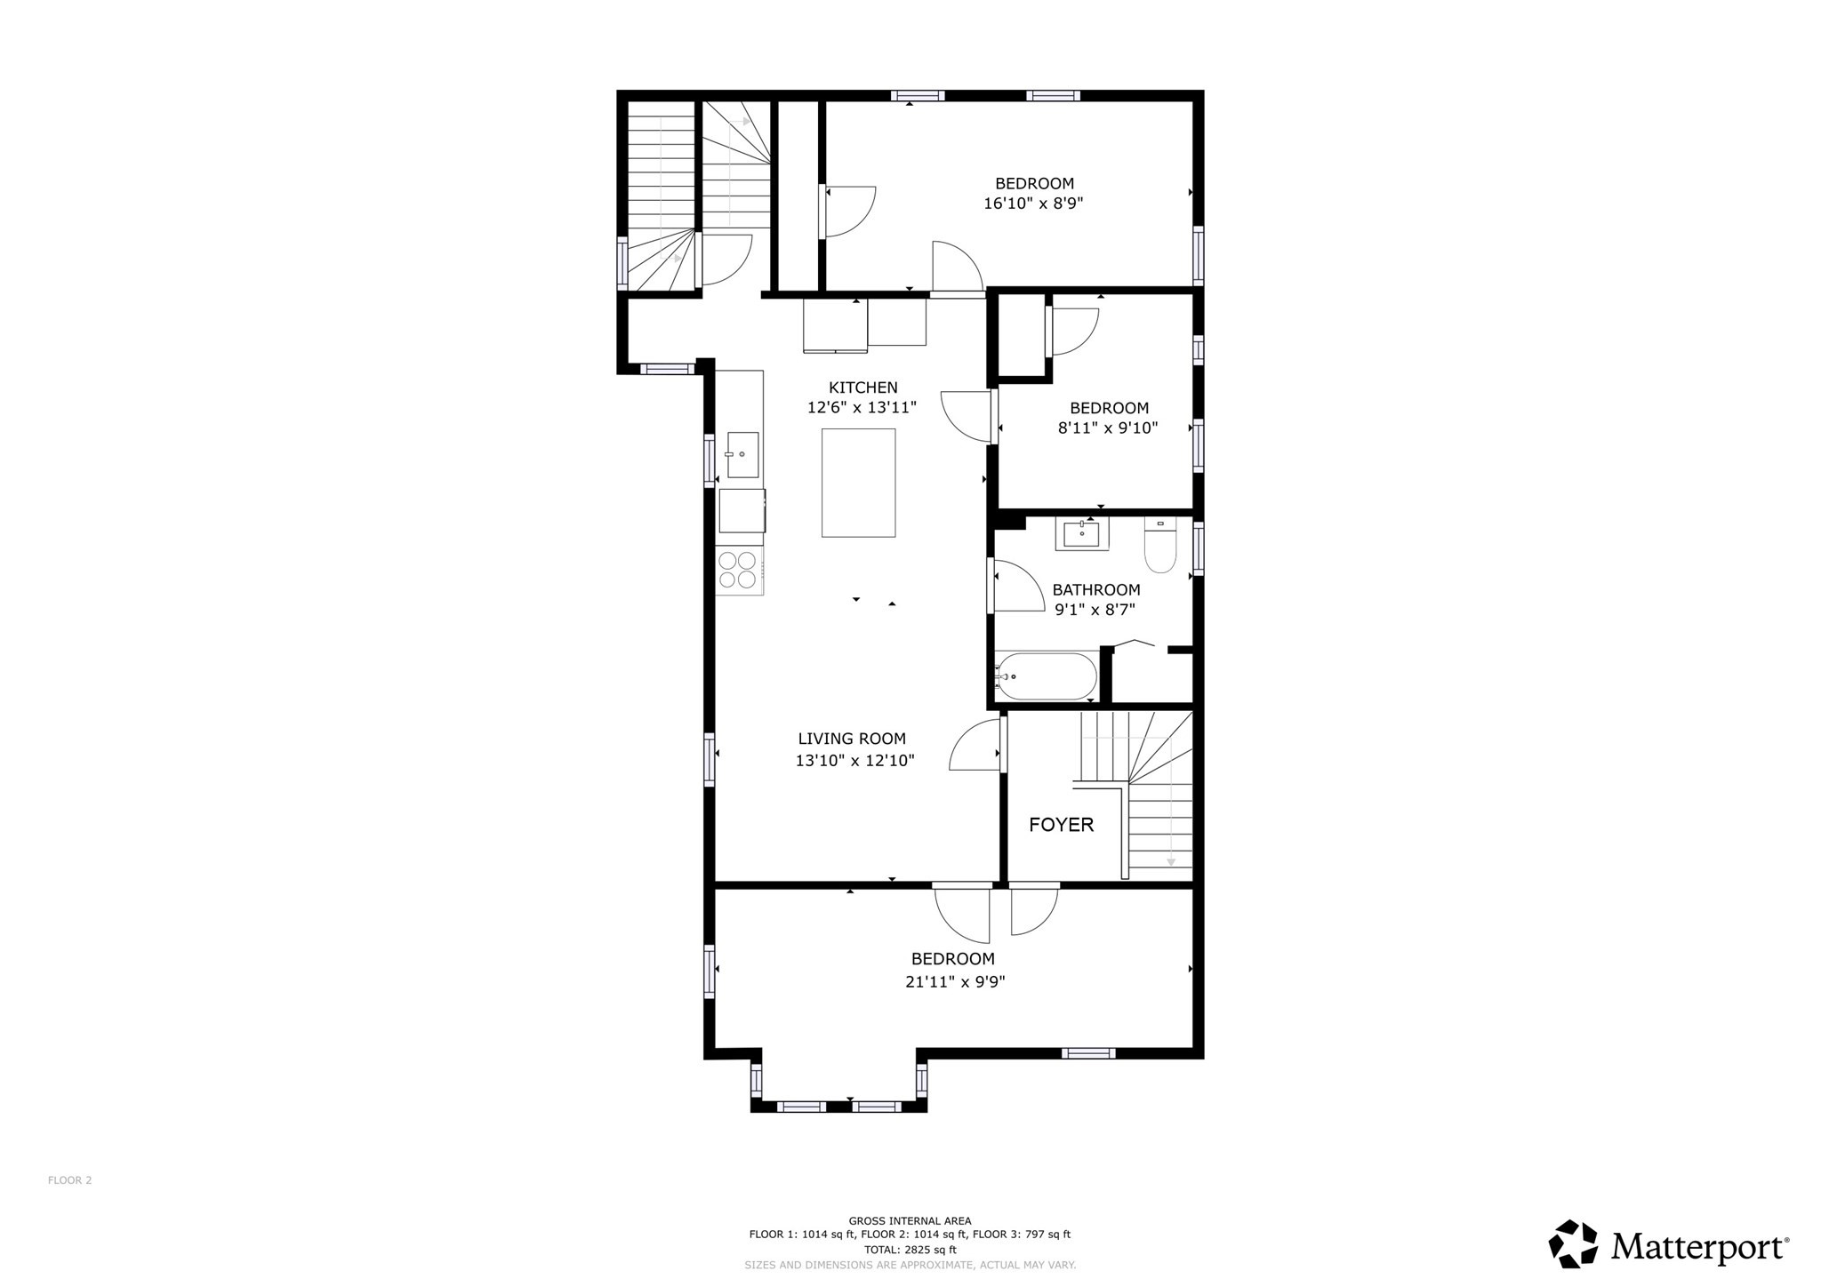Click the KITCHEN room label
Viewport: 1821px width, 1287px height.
coord(862,388)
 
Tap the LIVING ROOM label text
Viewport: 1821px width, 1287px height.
coord(852,739)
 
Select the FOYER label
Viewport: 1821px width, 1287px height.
coord(1061,825)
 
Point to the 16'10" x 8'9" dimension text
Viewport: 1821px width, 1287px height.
coord(1033,204)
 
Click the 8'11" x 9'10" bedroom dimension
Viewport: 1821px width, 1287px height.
coord(1108,428)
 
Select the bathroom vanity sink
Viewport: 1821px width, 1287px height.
coord(1082,534)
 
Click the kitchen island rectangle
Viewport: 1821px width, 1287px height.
coord(858,483)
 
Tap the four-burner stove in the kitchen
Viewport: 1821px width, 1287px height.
coord(738,570)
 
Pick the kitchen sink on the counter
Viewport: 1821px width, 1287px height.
coord(742,454)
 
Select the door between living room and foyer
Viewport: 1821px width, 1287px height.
coord(977,747)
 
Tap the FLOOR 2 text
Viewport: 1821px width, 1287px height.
coord(69,1180)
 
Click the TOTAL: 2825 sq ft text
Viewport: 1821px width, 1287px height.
coord(910,1249)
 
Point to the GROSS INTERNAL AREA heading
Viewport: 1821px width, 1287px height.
coord(910,1220)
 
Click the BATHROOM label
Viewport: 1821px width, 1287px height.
coord(1095,590)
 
